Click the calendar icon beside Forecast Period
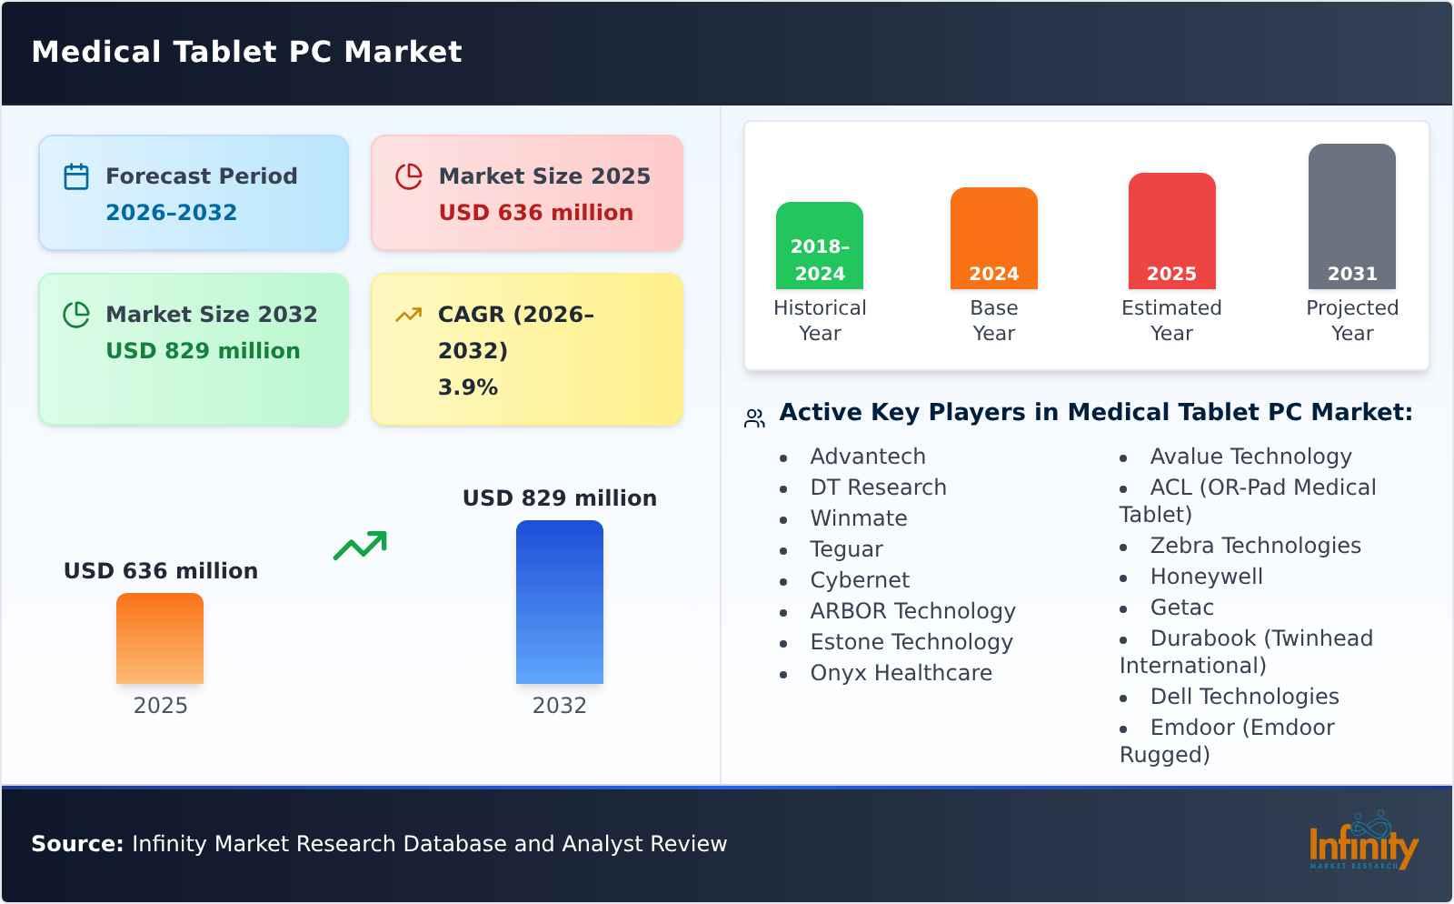click(x=76, y=176)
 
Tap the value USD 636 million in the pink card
click(x=535, y=212)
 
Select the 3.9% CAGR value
click(x=467, y=387)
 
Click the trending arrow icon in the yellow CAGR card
click(x=408, y=315)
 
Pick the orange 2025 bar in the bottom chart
click(x=160, y=638)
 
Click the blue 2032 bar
click(x=559, y=602)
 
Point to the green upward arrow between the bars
click(x=360, y=546)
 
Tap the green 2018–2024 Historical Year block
click(x=819, y=246)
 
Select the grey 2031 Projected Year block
click(x=1351, y=216)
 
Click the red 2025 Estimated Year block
click(x=1171, y=231)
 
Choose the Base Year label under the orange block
click(x=993, y=320)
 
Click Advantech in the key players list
click(x=867, y=457)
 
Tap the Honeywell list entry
click(x=1206, y=577)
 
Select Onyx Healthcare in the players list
click(x=901, y=673)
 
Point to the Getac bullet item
click(x=1181, y=608)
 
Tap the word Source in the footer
click(x=76, y=844)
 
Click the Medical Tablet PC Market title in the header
click(x=246, y=52)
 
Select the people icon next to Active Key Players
click(x=754, y=418)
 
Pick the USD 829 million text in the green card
click(x=202, y=350)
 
